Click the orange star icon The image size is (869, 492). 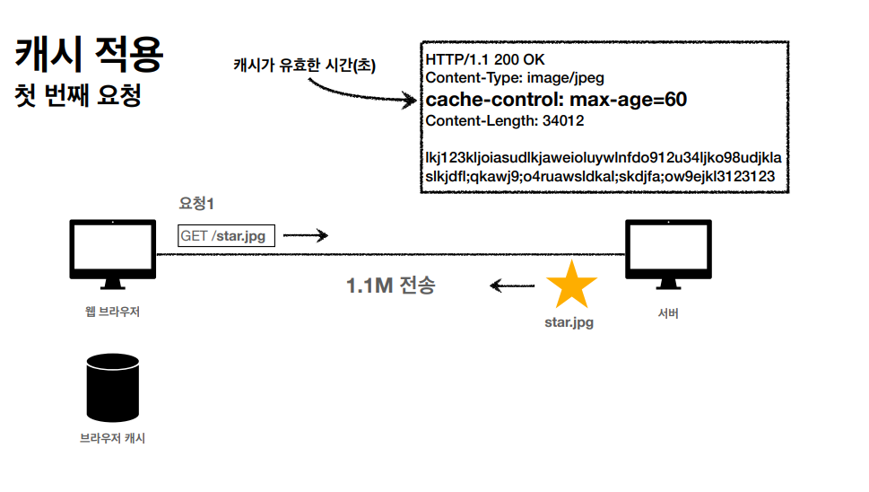571,285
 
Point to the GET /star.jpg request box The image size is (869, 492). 227,236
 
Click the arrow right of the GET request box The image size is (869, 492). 306,236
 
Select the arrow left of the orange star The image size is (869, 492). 512,286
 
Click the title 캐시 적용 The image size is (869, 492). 89,55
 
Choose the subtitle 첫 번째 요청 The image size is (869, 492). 79,95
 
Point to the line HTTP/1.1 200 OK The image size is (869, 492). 485,59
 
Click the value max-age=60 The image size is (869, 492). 630,99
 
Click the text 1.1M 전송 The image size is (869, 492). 391,286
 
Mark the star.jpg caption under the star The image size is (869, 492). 569,321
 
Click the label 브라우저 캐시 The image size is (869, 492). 112,438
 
